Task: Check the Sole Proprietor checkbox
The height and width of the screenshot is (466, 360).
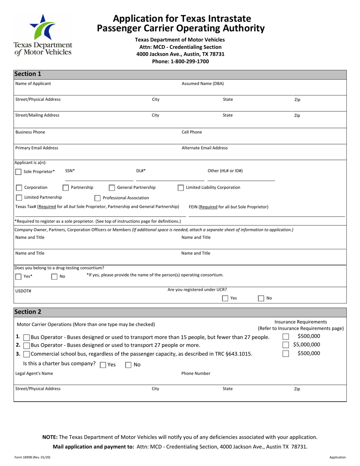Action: point(19,172)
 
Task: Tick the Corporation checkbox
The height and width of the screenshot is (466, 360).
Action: point(19,188)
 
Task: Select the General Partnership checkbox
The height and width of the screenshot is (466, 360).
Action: point(112,188)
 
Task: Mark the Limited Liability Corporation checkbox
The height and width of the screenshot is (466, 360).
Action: point(181,188)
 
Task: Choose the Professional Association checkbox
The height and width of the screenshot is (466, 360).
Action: point(97,198)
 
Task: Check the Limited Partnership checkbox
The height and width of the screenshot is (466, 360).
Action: point(19,198)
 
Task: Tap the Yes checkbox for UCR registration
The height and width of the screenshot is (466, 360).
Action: point(225,298)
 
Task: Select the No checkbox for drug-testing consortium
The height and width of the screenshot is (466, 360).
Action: point(55,277)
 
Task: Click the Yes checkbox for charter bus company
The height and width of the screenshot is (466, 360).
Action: point(103,365)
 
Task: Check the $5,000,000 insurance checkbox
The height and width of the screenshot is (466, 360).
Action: point(286,345)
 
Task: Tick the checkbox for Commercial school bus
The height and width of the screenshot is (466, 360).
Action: point(27,354)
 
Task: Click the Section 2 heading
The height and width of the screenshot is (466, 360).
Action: point(28,312)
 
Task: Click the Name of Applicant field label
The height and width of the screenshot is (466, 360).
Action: point(33,83)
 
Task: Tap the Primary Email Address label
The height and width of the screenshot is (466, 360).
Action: point(37,148)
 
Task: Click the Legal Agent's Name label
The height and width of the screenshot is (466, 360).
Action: point(34,374)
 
